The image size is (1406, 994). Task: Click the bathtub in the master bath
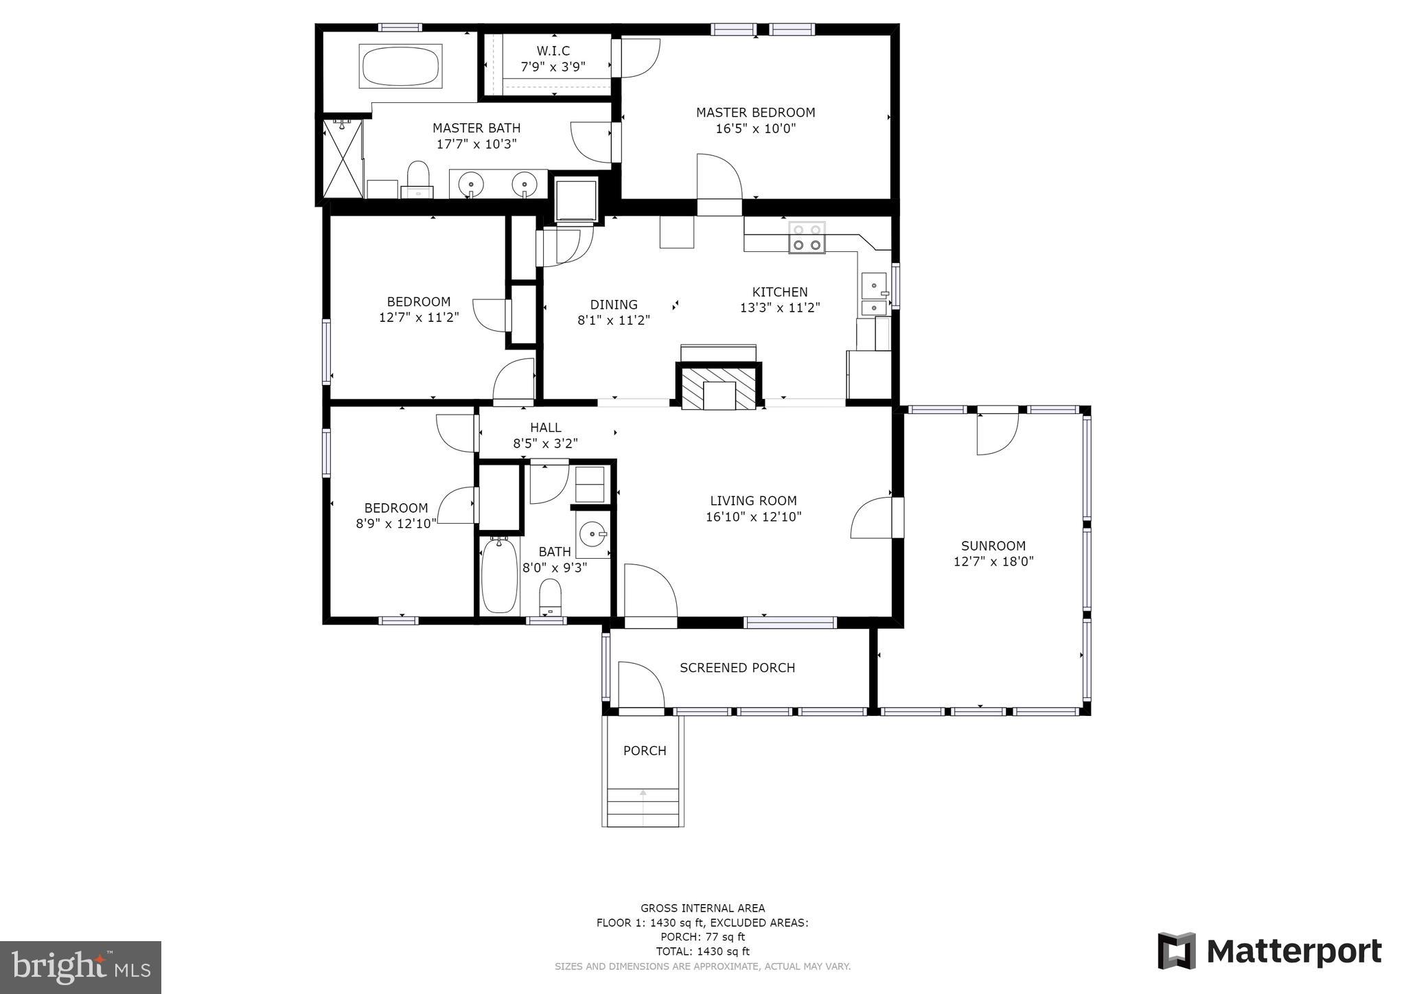[x=400, y=66]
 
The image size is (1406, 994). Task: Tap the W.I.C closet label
[x=553, y=51]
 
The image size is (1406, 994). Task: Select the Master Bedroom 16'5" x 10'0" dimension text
[x=755, y=128]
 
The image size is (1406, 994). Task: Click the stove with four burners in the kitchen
[x=807, y=238]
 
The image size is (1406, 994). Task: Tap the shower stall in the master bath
[x=343, y=159]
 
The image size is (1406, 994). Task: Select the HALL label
[x=546, y=428]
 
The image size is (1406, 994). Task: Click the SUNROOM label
[x=993, y=546]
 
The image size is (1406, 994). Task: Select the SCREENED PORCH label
[x=737, y=668]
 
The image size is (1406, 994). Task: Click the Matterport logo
[x=1269, y=951]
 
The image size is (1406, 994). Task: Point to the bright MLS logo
[x=80, y=967]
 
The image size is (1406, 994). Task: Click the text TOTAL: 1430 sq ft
[x=702, y=951]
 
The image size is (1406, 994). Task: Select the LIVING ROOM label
[x=753, y=501]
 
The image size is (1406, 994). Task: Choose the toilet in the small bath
[x=550, y=596]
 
